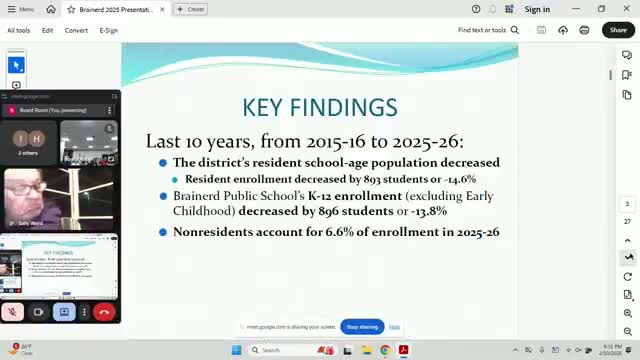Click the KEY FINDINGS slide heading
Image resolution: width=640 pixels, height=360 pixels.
pos(320,107)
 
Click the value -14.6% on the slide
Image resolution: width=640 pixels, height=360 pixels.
pos(457,179)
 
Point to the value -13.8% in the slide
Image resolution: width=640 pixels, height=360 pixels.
pos(424,212)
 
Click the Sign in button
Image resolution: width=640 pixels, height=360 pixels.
pos(537,9)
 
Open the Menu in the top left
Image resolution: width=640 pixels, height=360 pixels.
pos(21,9)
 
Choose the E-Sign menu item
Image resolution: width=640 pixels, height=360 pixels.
pos(108,30)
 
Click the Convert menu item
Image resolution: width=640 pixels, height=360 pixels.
pos(76,30)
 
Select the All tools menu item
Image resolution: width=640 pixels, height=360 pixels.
pos(18,30)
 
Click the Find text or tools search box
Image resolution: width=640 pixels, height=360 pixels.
pos(487,30)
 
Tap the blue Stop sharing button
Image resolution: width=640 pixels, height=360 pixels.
pos(362,327)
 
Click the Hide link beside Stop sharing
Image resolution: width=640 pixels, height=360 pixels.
pos(395,327)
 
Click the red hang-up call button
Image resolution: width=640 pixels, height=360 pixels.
pos(103,312)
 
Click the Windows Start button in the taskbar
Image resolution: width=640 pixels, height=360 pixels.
pos(237,350)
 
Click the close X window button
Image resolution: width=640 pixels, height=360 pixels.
pos(626,9)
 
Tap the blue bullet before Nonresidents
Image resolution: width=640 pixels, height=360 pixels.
pos(163,232)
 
